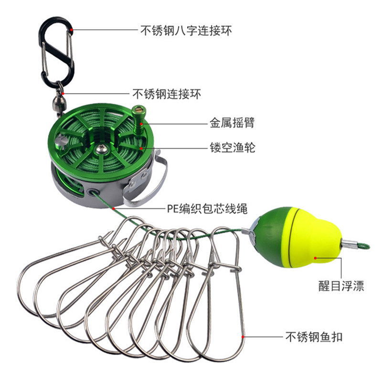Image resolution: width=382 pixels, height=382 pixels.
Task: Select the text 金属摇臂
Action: [232, 123]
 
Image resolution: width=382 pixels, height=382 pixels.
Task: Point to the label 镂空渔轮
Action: [232, 147]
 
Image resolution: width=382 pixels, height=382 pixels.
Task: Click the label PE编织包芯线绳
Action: [207, 208]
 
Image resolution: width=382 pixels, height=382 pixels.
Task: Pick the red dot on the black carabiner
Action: [71, 30]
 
